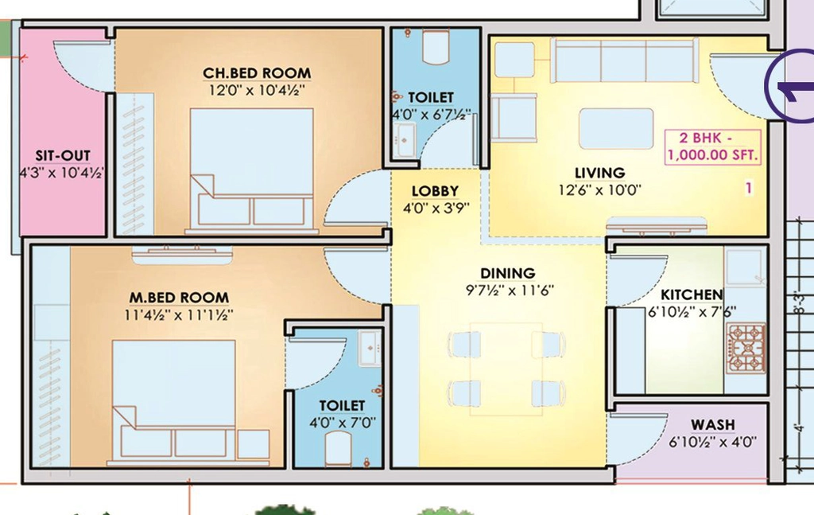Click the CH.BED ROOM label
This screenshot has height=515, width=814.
(x=257, y=72)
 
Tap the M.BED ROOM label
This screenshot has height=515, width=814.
(x=179, y=297)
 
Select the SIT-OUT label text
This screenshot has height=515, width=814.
(x=63, y=155)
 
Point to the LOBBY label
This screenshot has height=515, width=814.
(x=435, y=191)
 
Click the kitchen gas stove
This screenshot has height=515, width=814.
(x=746, y=348)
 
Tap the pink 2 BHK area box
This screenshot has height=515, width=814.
(x=713, y=146)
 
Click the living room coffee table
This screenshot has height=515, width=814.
(x=616, y=128)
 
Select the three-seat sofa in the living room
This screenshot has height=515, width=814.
(x=624, y=60)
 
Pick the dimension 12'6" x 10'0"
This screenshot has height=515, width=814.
(x=599, y=190)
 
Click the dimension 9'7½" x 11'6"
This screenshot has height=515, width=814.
(x=510, y=290)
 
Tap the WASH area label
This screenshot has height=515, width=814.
(x=713, y=424)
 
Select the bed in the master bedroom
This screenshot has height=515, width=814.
(x=174, y=402)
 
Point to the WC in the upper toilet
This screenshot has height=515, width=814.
(x=436, y=47)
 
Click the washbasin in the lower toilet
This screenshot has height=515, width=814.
(x=370, y=348)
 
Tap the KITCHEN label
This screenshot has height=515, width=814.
(x=692, y=295)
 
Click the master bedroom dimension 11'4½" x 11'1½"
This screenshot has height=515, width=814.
(x=179, y=315)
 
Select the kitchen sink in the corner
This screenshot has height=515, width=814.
(x=745, y=267)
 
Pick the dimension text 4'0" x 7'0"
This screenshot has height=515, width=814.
(x=342, y=423)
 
